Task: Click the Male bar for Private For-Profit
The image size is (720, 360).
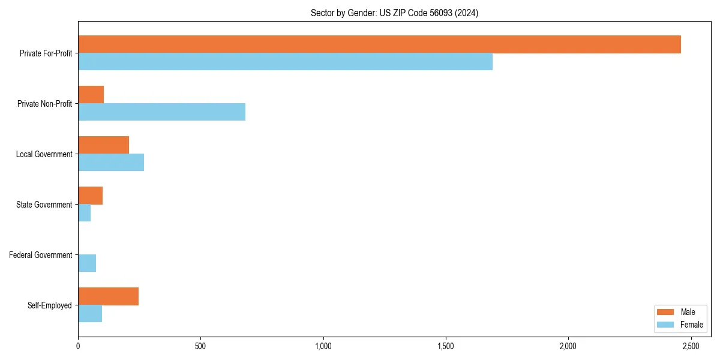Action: [379, 44]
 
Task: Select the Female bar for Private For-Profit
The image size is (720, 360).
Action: [285, 62]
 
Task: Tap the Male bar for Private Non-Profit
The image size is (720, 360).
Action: [91, 95]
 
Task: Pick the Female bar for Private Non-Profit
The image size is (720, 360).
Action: [161, 112]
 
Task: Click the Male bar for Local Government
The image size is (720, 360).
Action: [103, 145]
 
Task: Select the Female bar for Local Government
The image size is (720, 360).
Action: [111, 163]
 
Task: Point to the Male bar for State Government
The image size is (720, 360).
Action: [90, 196]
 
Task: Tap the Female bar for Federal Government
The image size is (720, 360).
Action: [87, 263]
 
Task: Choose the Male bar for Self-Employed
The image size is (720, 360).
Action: [108, 296]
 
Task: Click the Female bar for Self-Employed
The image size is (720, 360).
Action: [90, 314]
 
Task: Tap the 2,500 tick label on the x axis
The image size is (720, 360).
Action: [691, 347]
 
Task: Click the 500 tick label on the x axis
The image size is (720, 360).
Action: [200, 347]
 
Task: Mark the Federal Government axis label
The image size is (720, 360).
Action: [41, 255]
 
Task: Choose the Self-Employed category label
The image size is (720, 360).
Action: [50, 305]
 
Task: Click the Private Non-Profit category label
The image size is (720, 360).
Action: [44, 104]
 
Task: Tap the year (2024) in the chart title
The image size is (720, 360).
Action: [466, 13]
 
